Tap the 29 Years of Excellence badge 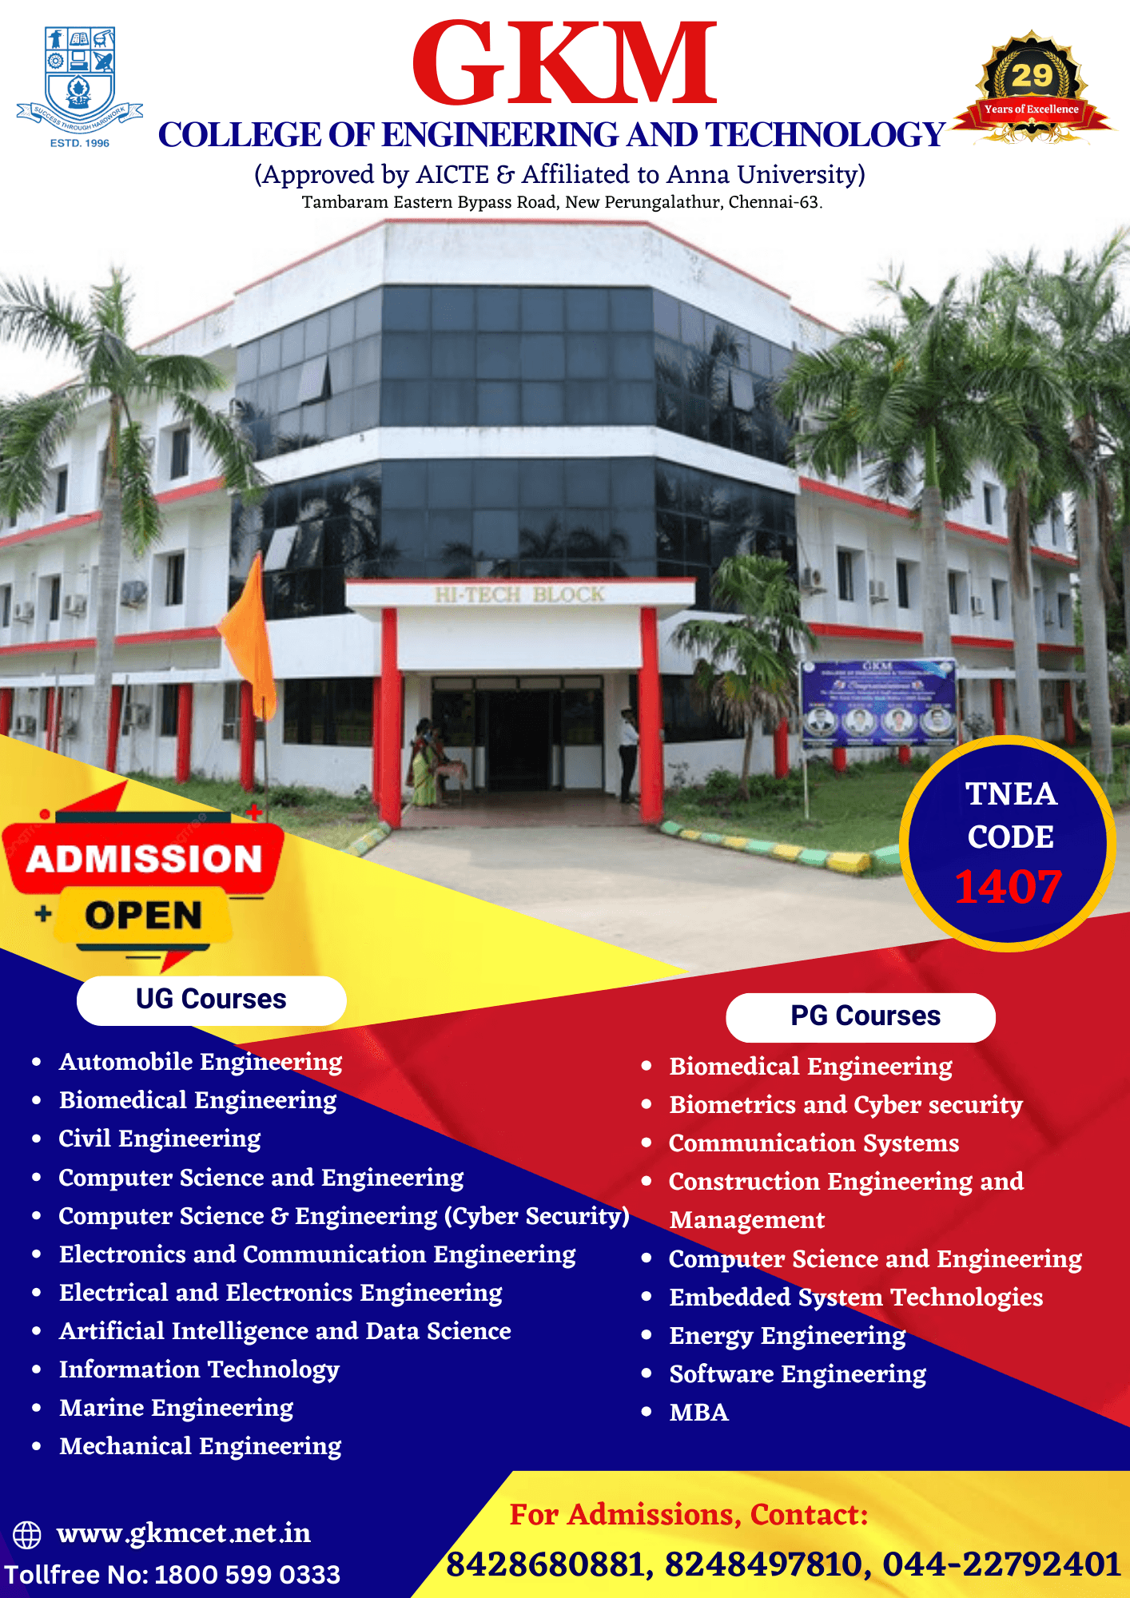coord(1031,89)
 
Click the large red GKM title coord(564,64)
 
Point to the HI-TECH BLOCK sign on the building coord(519,595)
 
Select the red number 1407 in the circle coord(1008,887)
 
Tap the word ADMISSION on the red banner coord(144,859)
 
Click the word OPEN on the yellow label coord(144,916)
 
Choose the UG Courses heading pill coord(211,1000)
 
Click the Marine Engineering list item coord(176,1408)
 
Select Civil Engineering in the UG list coord(160,1139)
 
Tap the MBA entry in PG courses coord(698,1413)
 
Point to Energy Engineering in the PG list coord(787,1336)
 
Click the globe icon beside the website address coord(27,1535)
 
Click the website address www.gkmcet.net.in coord(184,1534)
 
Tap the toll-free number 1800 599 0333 coord(247,1575)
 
